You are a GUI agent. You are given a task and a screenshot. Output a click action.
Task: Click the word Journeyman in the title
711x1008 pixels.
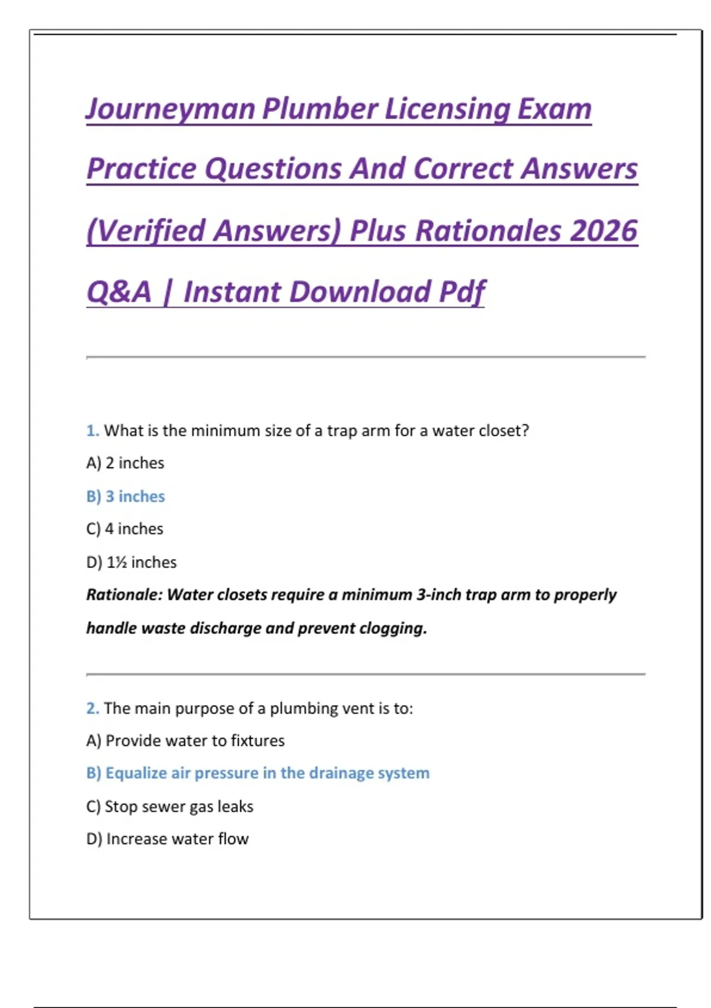(x=171, y=110)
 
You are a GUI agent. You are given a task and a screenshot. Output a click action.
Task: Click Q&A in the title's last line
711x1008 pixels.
(x=119, y=292)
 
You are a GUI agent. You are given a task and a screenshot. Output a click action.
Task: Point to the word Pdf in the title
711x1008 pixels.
(x=462, y=292)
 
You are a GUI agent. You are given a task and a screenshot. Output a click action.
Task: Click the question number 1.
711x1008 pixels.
(x=92, y=430)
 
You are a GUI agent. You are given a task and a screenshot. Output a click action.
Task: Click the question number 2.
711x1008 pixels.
(x=92, y=708)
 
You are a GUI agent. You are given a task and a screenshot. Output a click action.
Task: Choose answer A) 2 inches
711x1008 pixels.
(x=125, y=463)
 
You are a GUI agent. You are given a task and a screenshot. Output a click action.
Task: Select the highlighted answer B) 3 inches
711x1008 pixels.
(x=126, y=496)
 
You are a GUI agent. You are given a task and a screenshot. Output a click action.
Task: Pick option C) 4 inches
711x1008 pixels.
(x=124, y=529)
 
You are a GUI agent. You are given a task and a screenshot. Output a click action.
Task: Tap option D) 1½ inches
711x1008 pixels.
(x=132, y=562)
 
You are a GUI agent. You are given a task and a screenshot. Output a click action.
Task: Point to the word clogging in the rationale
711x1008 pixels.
(x=393, y=628)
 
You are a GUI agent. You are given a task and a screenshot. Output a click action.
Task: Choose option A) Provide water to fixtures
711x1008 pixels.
(x=185, y=741)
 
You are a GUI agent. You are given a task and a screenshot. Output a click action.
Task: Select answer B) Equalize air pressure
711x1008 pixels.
(x=258, y=773)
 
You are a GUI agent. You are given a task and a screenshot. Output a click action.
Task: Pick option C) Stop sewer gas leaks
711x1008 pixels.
(x=169, y=806)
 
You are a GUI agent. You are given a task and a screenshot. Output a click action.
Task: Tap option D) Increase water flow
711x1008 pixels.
(x=168, y=839)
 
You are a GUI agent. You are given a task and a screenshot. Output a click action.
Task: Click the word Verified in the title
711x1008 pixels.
(x=153, y=231)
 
